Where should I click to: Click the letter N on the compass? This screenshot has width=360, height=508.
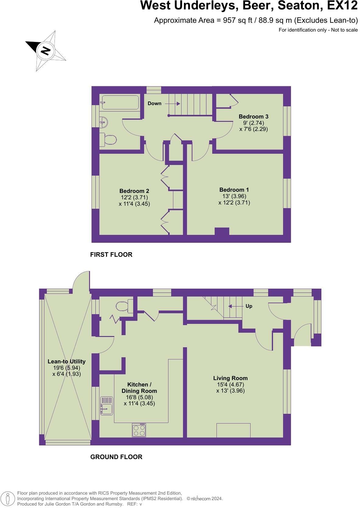tap(46, 50)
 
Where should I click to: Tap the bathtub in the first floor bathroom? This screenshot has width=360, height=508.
tap(120, 102)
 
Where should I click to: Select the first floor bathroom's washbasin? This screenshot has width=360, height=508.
tap(104, 122)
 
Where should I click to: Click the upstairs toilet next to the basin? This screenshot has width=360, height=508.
tap(109, 140)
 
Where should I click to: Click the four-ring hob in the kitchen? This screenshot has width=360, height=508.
tap(139, 430)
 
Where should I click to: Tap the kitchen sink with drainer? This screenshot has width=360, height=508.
tap(106, 406)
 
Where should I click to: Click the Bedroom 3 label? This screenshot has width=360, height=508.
tap(253, 117)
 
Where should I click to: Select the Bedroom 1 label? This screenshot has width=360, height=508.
tap(234, 190)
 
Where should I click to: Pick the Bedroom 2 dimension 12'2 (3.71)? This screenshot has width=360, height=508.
tap(134, 197)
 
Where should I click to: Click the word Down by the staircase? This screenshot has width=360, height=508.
tap(154, 104)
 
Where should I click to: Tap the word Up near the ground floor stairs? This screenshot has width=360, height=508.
tap(249, 306)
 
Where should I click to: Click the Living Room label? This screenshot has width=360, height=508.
tap(230, 378)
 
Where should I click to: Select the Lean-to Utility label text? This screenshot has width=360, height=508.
tap(66, 362)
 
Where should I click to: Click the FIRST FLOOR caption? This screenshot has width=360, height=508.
tap(111, 255)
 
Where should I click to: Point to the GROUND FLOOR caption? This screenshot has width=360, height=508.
tap(116, 457)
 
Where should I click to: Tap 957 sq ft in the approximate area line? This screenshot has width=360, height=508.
tap(236, 21)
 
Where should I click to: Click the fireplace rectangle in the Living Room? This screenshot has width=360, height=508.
tap(233, 430)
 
